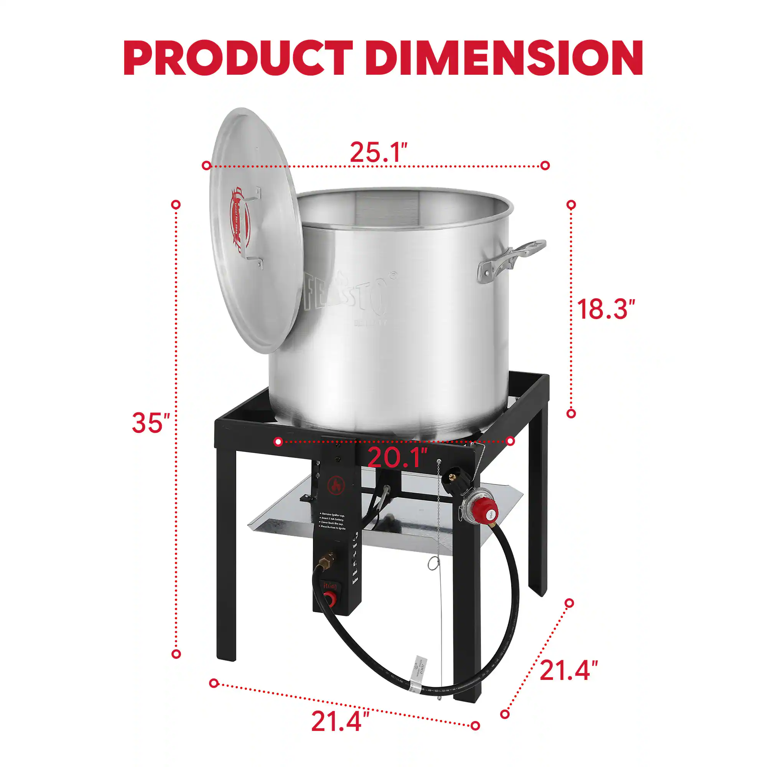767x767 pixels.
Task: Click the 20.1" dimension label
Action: point(397,458)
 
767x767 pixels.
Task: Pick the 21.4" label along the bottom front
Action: point(340,721)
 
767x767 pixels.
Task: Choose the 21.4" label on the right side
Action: point(568,670)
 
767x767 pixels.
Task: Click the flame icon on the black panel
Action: point(336,486)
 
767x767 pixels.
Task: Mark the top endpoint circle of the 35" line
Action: point(176,204)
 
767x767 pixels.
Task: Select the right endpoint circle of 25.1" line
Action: point(545,166)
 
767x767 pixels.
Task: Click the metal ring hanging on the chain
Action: point(433,564)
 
